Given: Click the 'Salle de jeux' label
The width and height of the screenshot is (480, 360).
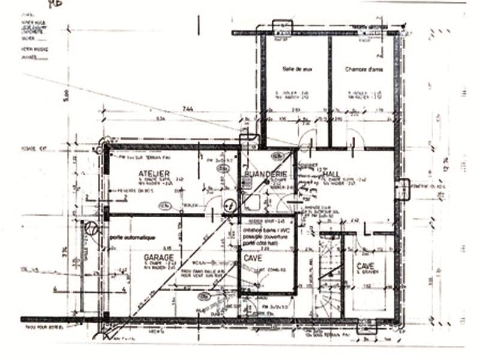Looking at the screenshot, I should click(296, 70).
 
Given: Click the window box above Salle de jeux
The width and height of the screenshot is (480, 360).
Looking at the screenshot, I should click(281, 28).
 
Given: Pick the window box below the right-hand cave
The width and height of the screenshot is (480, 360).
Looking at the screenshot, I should click(365, 326).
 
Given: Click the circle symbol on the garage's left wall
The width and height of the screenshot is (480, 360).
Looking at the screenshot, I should click(91, 228).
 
